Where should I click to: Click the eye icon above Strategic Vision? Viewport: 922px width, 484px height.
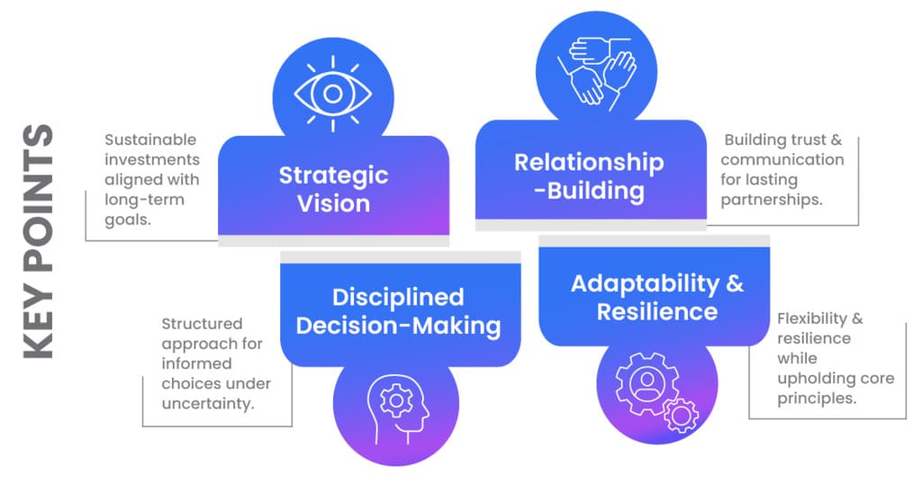(333, 93)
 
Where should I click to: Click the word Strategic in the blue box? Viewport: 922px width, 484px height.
(333, 174)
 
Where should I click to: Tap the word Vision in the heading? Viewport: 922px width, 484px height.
(333, 203)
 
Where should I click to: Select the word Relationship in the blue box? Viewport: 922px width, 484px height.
(589, 163)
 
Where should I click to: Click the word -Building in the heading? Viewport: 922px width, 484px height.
(594, 192)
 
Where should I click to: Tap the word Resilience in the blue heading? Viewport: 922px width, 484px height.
(657, 312)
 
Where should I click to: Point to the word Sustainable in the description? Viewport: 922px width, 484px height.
(150, 140)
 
